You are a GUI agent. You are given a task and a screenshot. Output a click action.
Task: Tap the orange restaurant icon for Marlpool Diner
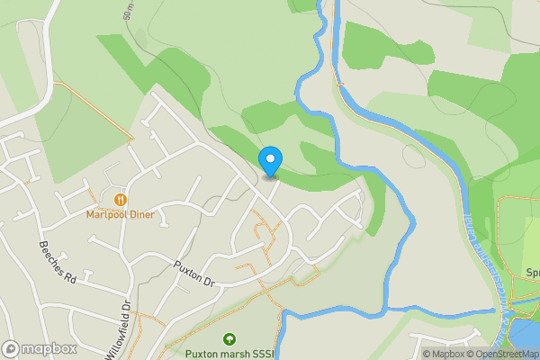[120, 198]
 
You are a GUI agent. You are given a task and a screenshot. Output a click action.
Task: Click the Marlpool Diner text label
[120, 214]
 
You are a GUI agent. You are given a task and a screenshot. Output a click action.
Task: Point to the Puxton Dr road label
[196, 274]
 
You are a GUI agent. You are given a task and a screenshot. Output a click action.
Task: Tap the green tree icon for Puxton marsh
[229, 340]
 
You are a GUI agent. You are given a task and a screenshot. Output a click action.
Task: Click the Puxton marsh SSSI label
[229, 354]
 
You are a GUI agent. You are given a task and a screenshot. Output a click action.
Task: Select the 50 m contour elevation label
[130, 11]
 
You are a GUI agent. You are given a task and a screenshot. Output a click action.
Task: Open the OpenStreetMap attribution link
[505, 354]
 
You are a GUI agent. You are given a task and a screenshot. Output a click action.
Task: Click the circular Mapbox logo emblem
[12, 348]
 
